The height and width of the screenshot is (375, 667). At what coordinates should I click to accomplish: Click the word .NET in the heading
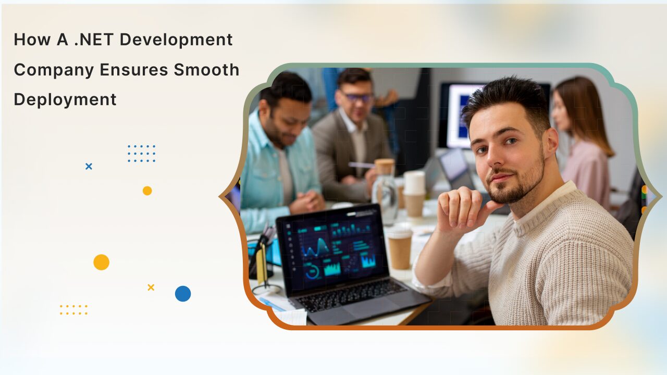tap(99, 40)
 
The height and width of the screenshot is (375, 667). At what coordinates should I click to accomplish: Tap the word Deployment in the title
tap(65, 99)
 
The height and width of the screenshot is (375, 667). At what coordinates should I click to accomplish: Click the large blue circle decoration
tap(183, 294)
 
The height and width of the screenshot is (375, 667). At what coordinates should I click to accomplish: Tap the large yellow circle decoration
tap(101, 262)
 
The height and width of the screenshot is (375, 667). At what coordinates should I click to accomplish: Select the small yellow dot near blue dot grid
tap(147, 191)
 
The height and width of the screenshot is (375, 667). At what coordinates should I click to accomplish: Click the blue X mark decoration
tap(89, 167)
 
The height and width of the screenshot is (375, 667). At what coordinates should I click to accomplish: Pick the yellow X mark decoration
tap(151, 287)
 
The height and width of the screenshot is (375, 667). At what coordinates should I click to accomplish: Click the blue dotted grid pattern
tap(141, 154)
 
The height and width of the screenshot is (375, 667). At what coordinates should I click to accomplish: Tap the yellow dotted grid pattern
tap(73, 310)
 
